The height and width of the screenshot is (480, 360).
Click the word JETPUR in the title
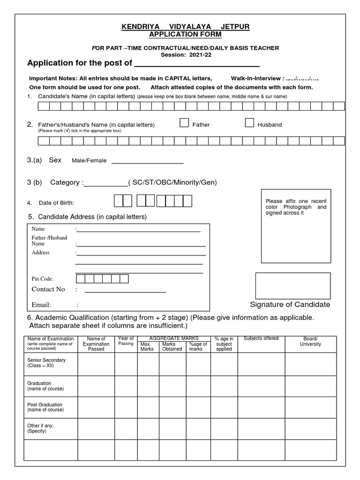[232, 27]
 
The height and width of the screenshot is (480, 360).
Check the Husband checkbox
[249, 123]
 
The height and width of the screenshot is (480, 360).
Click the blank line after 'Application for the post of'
[197, 63]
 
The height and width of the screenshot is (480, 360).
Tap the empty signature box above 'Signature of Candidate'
[293, 285]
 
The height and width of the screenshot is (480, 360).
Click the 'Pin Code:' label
[42, 279]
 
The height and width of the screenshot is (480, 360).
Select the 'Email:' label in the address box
[41, 305]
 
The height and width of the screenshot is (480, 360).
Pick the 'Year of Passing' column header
[126, 341]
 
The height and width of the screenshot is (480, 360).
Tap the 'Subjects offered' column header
[261, 338]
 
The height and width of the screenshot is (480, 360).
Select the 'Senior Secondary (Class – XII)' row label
[47, 363]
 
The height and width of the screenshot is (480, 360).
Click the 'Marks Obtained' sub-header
[172, 346]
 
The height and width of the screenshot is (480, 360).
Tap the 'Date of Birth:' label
[56, 203]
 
